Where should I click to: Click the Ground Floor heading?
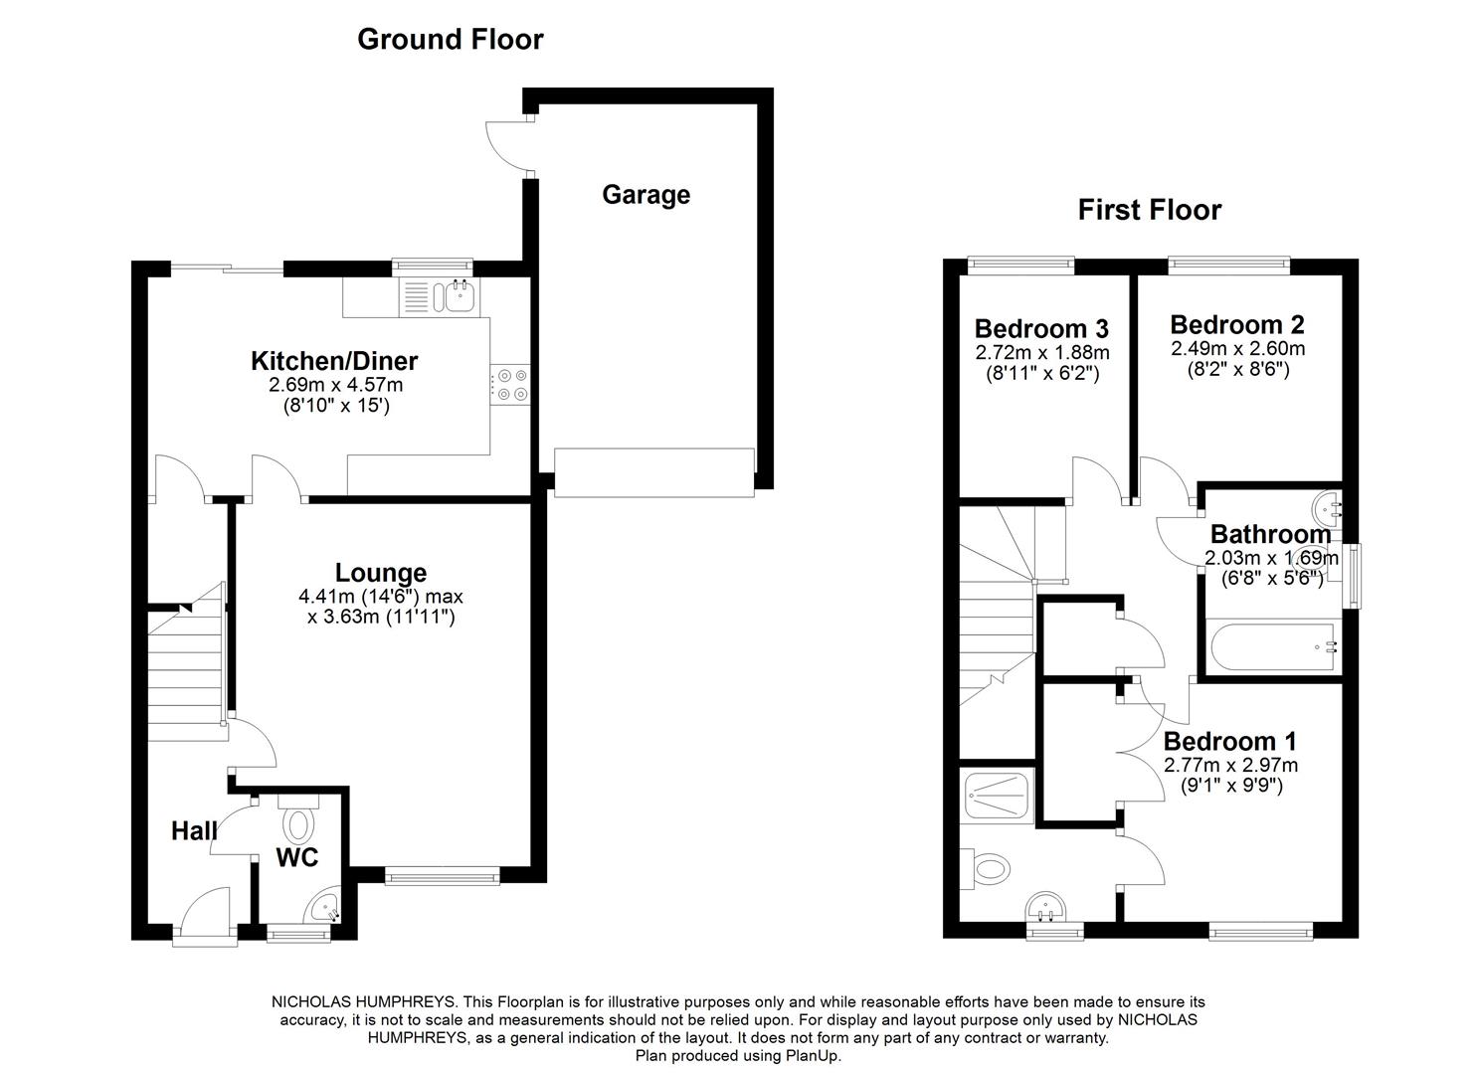[x=451, y=40]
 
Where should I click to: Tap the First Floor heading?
[x=1150, y=210]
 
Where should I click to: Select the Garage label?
[x=646, y=195]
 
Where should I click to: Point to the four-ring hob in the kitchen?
[x=510, y=385]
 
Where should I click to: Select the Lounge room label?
[x=381, y=572]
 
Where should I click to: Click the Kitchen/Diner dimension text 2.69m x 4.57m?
[x=335, y=385]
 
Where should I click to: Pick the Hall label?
[x=194, y=830]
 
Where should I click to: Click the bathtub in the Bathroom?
[x=1272, y=646]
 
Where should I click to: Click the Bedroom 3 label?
[x=1041, y=328]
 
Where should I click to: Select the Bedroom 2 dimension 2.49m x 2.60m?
[x=1237, y=348]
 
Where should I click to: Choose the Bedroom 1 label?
[x=1229, y=741]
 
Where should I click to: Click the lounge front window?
[x=442, y=876]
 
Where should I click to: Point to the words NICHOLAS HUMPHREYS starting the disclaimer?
[x=363, y=1002]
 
